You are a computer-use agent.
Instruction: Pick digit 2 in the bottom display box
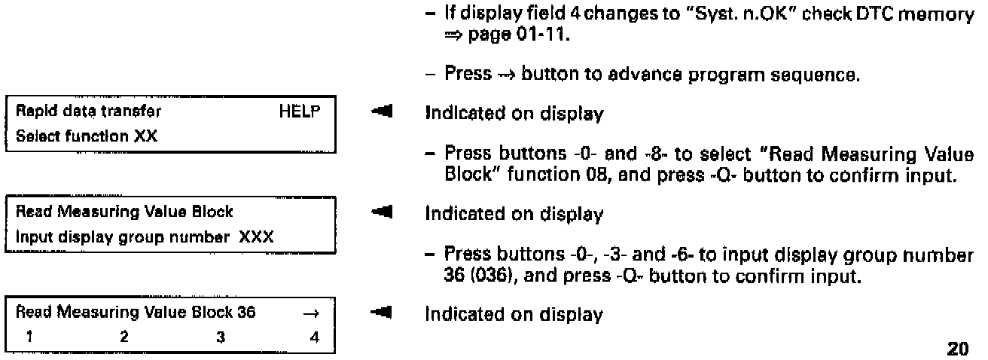coord(123,337)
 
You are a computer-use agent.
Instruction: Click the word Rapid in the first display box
coord(29,111)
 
